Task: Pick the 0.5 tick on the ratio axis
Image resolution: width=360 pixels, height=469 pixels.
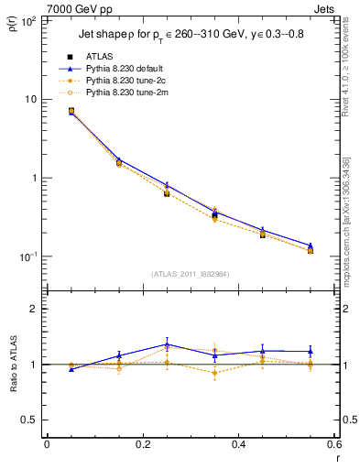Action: click(30, 420)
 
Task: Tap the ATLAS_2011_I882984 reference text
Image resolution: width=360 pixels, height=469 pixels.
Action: click(191, 273)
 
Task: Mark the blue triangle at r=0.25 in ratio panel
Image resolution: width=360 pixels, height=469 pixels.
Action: click(167, 344)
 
